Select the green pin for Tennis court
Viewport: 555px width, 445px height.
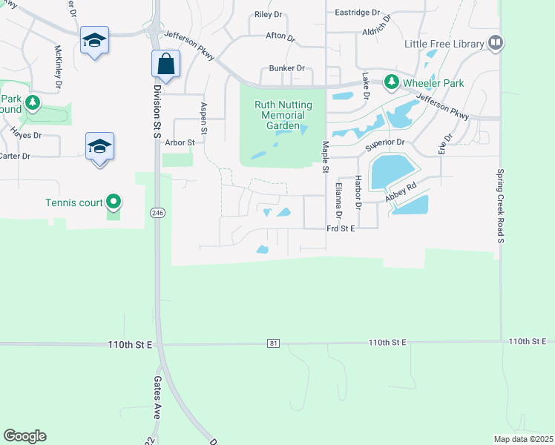click(113, 200)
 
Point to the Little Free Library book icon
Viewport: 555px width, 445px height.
click(496, 44)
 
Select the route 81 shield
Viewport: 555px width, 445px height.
click(274, 343)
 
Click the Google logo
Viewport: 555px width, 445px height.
click(24, 436)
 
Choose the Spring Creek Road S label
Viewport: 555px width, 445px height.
click(500, 204)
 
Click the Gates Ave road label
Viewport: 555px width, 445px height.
click(157, 398)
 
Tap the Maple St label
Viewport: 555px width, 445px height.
click(325, 157)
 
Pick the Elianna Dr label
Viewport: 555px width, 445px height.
click(338, 200)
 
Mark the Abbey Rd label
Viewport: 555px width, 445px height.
click(401, 194)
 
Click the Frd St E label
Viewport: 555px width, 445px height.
click(341, 228)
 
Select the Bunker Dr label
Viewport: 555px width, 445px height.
click(286, 68)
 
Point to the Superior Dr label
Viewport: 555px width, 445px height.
click(384, 142)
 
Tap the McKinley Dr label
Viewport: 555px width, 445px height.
click(58, 67)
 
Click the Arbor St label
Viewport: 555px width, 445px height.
click(180, 142)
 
